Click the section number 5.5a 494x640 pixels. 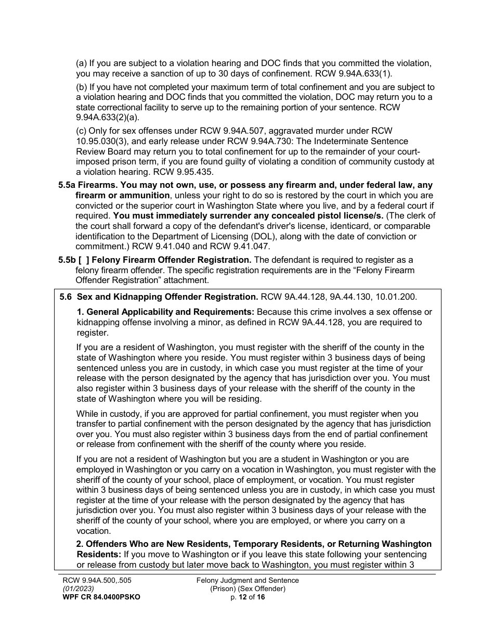click(x=67, y=185)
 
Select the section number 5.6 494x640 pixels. click(x=66, y=297)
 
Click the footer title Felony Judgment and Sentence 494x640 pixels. click(x=248, y=581)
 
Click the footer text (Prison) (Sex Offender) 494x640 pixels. click(x=248, y=589)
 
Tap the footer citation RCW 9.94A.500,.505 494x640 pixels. click(x=98, y=581)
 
